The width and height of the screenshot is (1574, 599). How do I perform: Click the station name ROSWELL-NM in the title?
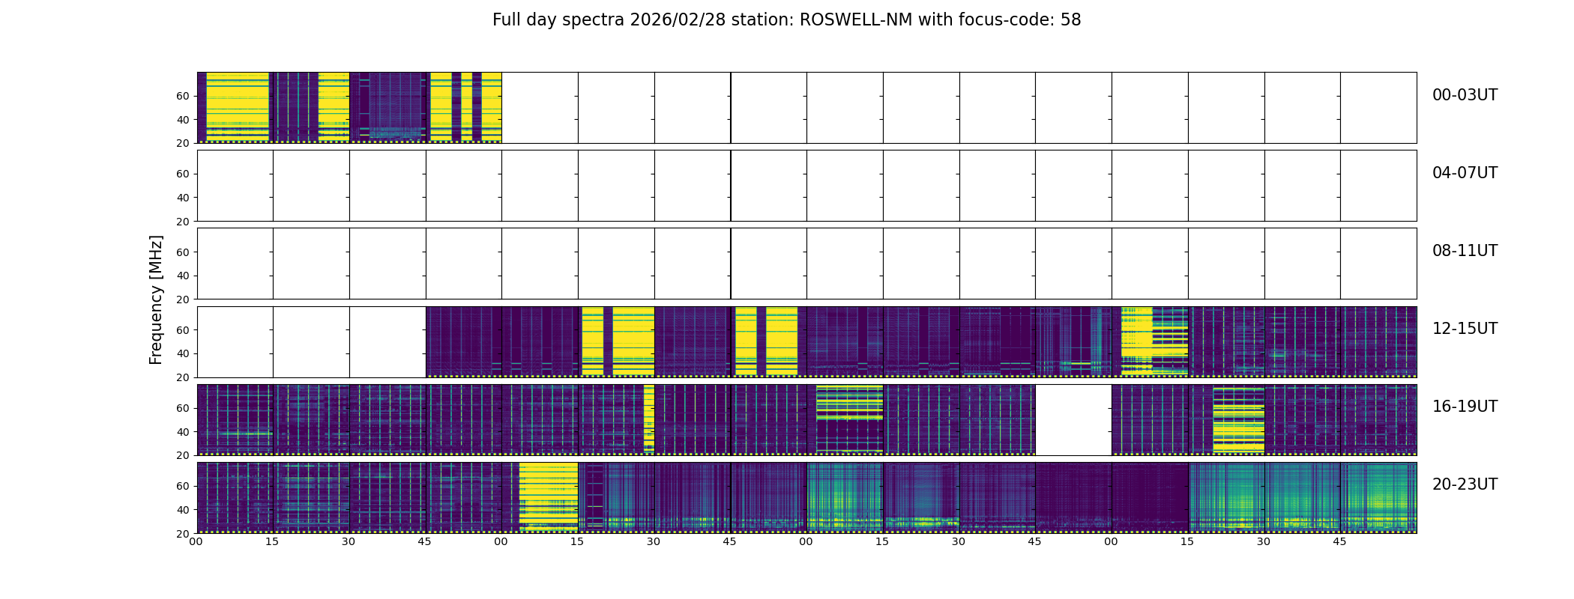[856, 20]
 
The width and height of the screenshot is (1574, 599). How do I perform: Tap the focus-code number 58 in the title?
[1070, 20]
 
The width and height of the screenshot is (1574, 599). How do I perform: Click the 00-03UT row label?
[1465, 95]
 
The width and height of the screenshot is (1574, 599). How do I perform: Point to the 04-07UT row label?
[1465, 173]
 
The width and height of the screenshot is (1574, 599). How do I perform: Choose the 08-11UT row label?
[1465, 251]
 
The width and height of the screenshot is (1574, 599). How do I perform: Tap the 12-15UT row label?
[1465, 329]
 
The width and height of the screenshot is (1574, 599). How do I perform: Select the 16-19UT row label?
[1465, 407]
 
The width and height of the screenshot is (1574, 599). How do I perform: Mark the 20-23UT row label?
[1465, 484]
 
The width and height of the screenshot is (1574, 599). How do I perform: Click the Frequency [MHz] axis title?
[156, 299]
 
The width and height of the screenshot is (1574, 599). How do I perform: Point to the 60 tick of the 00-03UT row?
[182, 96]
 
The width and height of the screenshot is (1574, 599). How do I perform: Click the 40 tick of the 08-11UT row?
[182, 276]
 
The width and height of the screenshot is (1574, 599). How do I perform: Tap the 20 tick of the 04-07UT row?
[182, 222]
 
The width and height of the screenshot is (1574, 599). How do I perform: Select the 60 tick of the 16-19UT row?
[182, 408]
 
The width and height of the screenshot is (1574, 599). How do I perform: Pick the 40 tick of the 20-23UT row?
[182, 510]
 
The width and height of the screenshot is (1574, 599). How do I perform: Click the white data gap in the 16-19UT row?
[1073, 419]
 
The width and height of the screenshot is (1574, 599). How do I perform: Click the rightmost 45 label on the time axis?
[1339, 541]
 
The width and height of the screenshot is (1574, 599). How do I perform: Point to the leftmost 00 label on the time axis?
[196, 541]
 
